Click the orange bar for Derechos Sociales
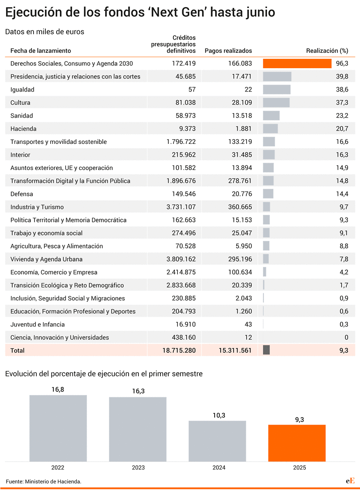click(x=297, y=64)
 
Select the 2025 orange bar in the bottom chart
click(x=297, y=443)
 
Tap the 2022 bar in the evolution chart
click(x=58, y=428)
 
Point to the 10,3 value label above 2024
click(x=219, y=415)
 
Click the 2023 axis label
click(x=138, y=468)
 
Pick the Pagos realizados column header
click(x=228, y=50)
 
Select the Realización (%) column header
click(x=327, y=50)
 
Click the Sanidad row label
click(x=22, y=116)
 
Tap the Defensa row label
click(x=22, y=194)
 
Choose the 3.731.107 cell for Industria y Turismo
click(x=181, y=207)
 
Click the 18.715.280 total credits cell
click(x=179, y=350)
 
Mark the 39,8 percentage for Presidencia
click(x=342, y=77)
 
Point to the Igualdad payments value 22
click(x=248, y=90)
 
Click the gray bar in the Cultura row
click(x=276, y=102)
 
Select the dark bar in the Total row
click(x=266, y=350)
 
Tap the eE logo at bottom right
click(x=350, y=481)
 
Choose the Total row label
click(x=17, y=351)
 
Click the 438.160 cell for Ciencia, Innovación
click(x=184, y=338)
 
